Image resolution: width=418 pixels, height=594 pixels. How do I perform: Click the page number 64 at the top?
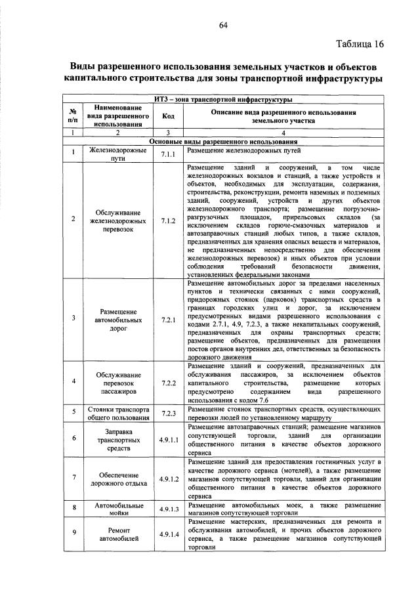point(223,25)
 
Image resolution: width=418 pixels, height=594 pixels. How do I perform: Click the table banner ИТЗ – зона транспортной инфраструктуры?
point(223,99)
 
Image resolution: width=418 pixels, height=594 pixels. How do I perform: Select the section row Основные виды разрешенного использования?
point(223,142)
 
